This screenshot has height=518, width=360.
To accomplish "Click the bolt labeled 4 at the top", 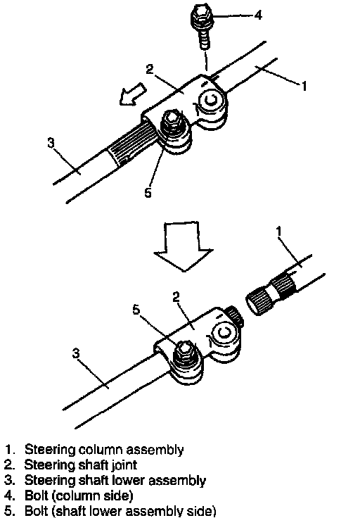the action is click(202, 27).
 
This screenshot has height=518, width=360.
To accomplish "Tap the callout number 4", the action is click(258, 15).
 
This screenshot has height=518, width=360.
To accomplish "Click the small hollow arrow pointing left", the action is click(133, 94).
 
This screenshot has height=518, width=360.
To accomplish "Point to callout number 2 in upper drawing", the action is click(150, 69).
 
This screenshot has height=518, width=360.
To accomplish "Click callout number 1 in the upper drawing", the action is click(304, 86).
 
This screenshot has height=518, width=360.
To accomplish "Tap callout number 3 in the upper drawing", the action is click(51, 143).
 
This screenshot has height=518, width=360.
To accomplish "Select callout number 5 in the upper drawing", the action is click(148, 193).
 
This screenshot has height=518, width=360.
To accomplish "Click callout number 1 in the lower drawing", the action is click(279, 232).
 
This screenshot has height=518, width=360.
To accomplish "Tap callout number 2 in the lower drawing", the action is click(176, 297).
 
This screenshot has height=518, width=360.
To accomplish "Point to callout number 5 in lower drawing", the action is click(136, 310).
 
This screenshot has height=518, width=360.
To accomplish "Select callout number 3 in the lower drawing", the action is click(76, 353).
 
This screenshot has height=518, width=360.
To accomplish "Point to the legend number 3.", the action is click(8, 480).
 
